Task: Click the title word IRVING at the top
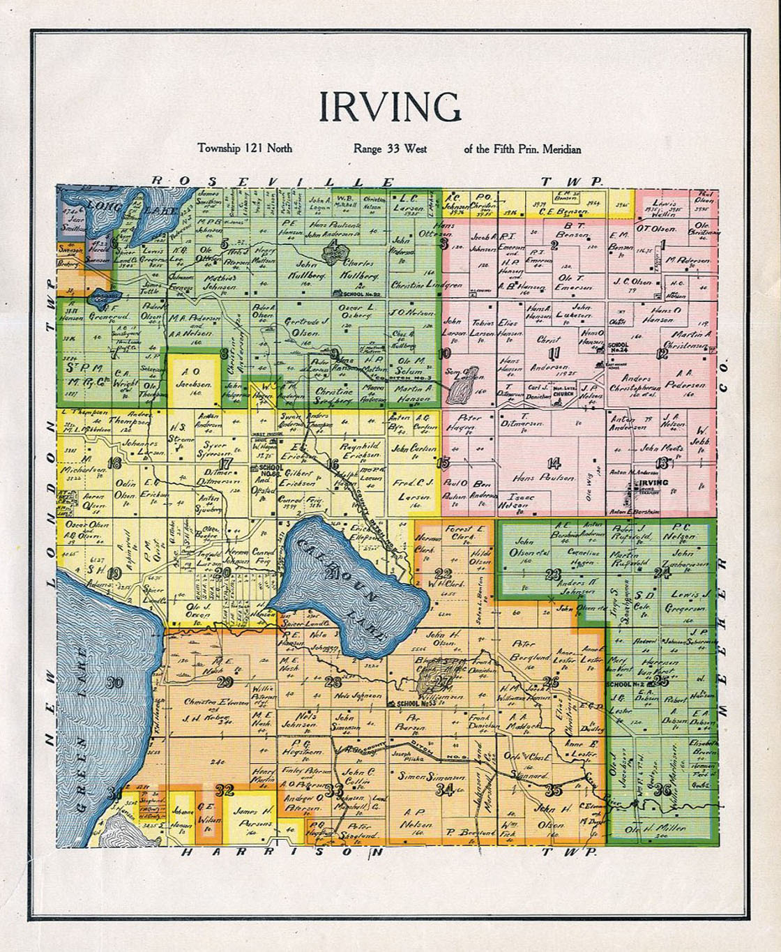tap(390, 107)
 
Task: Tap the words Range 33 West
tap(390, 149)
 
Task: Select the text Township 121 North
tap(245, 149)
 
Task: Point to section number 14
tap(554, 462)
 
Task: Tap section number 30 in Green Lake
tap(116, 683)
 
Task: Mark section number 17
tap(225, 463)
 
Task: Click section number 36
tap(662, 789)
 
